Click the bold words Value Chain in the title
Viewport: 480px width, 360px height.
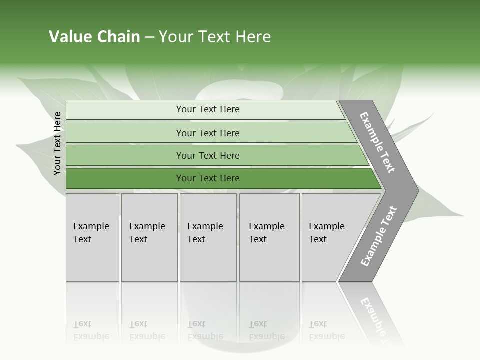[x=94, y=36]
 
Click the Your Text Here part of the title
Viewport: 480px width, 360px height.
[x=215, y=36]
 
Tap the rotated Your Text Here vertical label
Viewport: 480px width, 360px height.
[x=57, y=143]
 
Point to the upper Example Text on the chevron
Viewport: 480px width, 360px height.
[x=377, y=142]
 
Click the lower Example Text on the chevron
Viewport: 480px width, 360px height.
[x=378, y=236]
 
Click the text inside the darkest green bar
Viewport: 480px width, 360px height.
[x=208, y=178]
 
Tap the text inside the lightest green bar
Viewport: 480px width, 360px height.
[x=208, y=109]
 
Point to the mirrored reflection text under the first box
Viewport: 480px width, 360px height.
[x=91, y=330]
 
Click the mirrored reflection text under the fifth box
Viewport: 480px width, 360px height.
[x=326, y=330]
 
